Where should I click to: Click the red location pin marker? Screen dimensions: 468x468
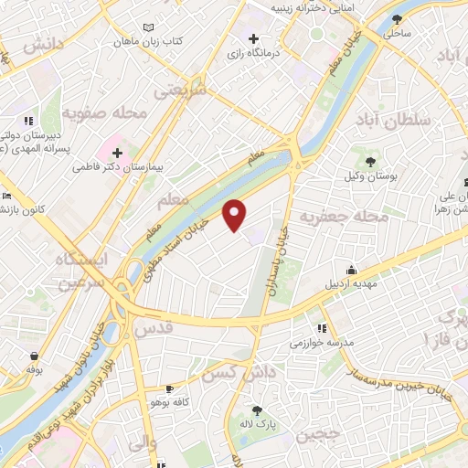click(x=236, y=215)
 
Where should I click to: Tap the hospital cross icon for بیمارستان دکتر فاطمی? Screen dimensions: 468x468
click(x=117, y=151)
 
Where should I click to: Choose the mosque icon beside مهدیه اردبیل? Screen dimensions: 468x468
click(x=351, y=270)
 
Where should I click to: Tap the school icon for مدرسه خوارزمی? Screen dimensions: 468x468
click(x=321, y=328)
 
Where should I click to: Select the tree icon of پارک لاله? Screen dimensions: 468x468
click(x=258, y=410)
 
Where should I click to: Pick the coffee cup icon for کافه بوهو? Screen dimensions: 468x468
click(x=168, y=388)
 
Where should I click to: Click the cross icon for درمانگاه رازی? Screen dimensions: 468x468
click(x=253, y=39)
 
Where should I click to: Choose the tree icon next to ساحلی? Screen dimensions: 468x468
click(x=396, y=18)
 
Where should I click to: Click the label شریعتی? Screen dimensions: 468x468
click(x=180, y=91)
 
